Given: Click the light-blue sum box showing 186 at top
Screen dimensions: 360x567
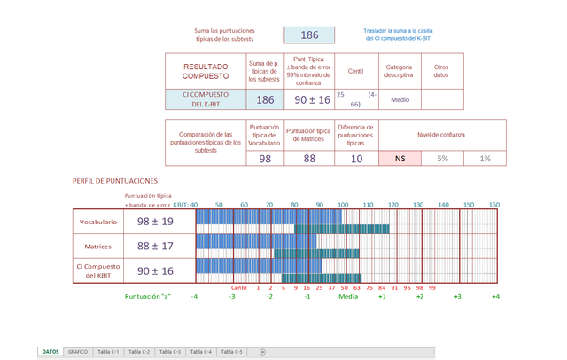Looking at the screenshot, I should click(x=309, y=35).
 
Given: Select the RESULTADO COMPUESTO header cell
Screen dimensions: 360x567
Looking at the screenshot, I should click(x=205, y=71).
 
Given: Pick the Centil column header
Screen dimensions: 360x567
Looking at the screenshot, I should click(x=357, y=71).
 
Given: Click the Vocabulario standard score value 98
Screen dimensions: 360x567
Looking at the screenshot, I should click(x=265, y=158).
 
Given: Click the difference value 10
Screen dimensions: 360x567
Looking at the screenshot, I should click(x=355, y=158).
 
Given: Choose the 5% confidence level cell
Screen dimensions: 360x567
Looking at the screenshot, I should click(x=442, y=158).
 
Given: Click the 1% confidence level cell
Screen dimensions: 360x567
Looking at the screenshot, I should click(x=485, y=158).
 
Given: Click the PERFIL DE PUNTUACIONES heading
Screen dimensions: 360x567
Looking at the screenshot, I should click(x=115, y=181).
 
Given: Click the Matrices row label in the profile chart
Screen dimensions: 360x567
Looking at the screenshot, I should click(x=97, y=246).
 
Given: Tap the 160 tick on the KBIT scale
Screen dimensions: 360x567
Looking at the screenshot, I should click(x=494, y=205).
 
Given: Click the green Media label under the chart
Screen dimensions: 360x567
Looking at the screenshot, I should click(x=348, y=296).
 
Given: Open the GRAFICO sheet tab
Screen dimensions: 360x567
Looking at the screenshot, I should click(x=78, y=352).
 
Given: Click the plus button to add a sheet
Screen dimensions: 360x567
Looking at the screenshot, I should click(x=262, y=352).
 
